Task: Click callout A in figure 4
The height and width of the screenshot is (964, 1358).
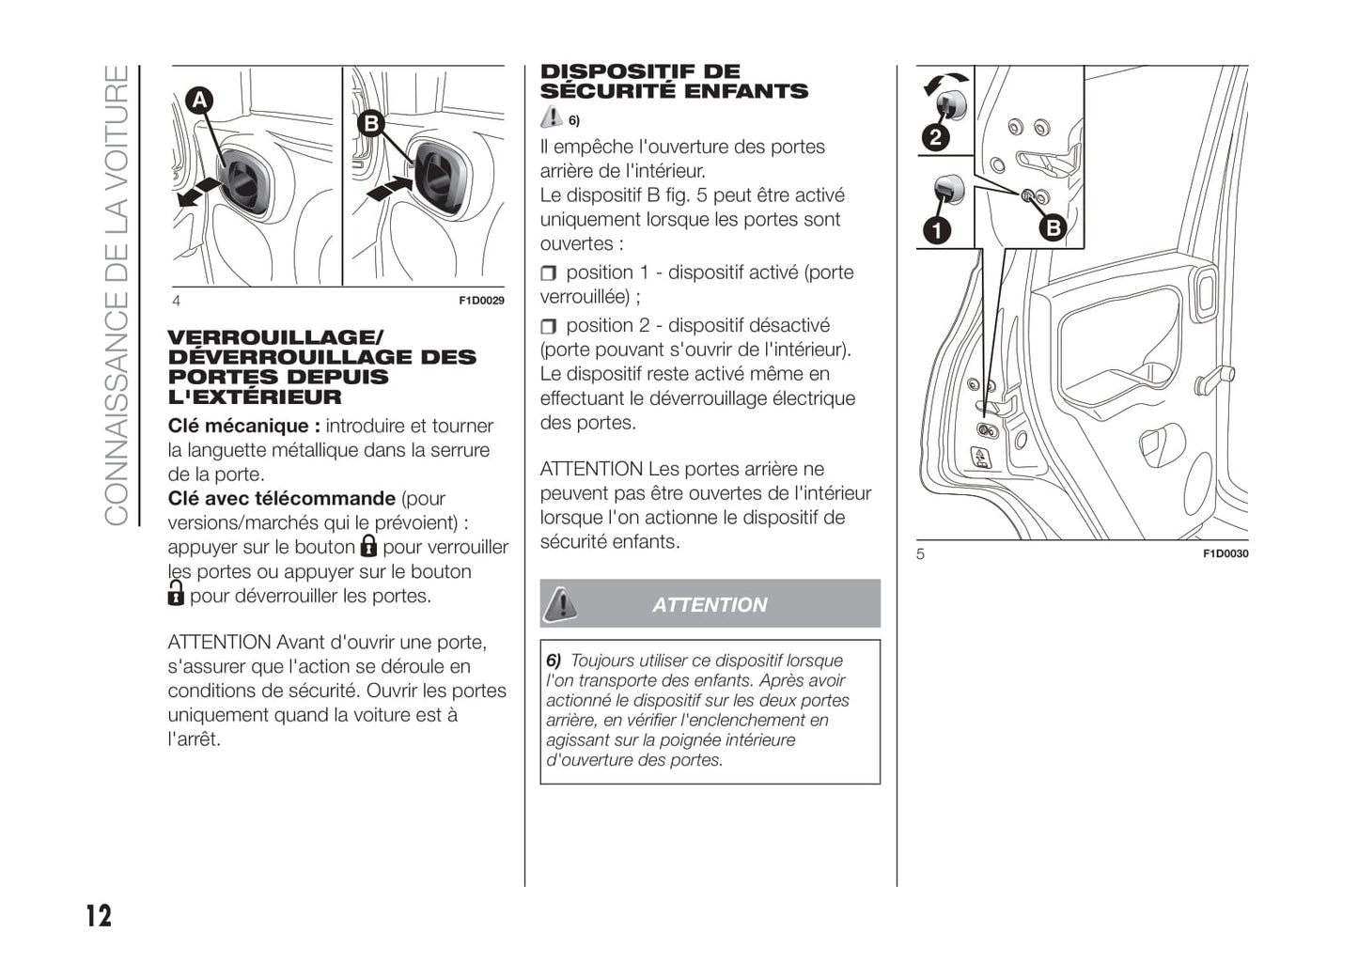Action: [x=199, y=101]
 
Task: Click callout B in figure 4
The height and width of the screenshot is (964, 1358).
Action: [x=371, y=123]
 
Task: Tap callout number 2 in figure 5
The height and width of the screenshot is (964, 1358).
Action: [x=935, y=138]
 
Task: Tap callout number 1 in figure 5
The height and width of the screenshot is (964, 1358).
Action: [x=936, y=230]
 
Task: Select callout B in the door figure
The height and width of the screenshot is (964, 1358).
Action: [x=1053, y=226]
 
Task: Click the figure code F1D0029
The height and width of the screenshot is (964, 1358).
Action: [x=481, y=301]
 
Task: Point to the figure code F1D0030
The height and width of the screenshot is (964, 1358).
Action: [x=1225, y=553]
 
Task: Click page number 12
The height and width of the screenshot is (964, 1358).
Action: [x=99, y=915]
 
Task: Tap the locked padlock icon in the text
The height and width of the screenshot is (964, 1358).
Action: [x=368, y=546]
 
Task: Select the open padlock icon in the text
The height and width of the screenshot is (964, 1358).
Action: [x=176, y=593]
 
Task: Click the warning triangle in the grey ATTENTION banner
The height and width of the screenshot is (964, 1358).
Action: [x=562, y=603]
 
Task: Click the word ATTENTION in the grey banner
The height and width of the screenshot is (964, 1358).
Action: [x=710, y=605]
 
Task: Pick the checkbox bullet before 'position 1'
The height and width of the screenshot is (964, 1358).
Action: [x=549, y=273]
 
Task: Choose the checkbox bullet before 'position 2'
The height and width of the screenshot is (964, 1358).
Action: [x=549, y=326]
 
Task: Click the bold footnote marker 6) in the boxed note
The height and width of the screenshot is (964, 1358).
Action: [x=554, y=661]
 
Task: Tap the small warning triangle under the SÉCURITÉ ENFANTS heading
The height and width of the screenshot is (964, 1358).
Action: [x=552, y=117]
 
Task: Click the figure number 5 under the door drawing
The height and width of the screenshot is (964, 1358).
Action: [x=921, y=553]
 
